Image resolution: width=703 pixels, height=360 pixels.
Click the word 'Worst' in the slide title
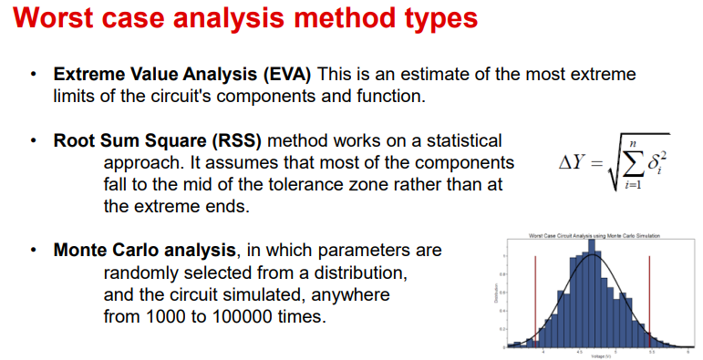click(x=56, y=19)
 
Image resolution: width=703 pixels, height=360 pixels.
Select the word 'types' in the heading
click(x=429, y=19)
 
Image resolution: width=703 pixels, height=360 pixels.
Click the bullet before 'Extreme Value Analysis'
click(x=34, y=75)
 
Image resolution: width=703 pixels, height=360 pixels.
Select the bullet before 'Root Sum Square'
click(x=34, y=141)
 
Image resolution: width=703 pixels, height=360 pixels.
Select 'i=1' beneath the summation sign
click(x=627, y=186)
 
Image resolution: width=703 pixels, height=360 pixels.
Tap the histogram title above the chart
click(x=594, y=236)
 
